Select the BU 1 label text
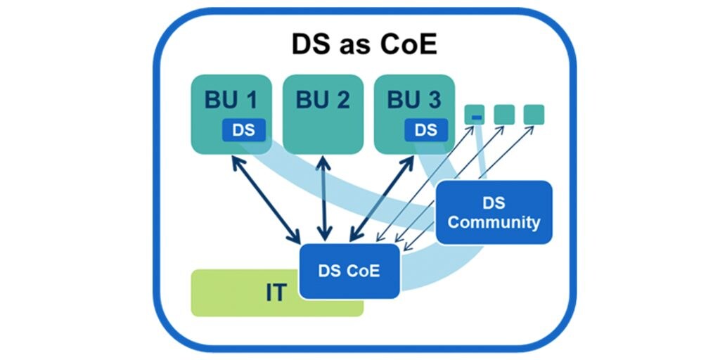[x=231, y=100]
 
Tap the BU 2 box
[x=323, y=113]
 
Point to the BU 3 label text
[x=414, y=100]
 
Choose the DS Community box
[x=494, y=212]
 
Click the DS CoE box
[x=349, y=271]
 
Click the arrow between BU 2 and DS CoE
[x=323, y=197]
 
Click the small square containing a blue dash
[x=476, y=115]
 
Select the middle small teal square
[x=504, y=114]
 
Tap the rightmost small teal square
[x=534, y=114]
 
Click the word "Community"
[x=494, y=222]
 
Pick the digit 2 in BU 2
[x=342, y=100]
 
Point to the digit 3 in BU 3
[x=433, y=100]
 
